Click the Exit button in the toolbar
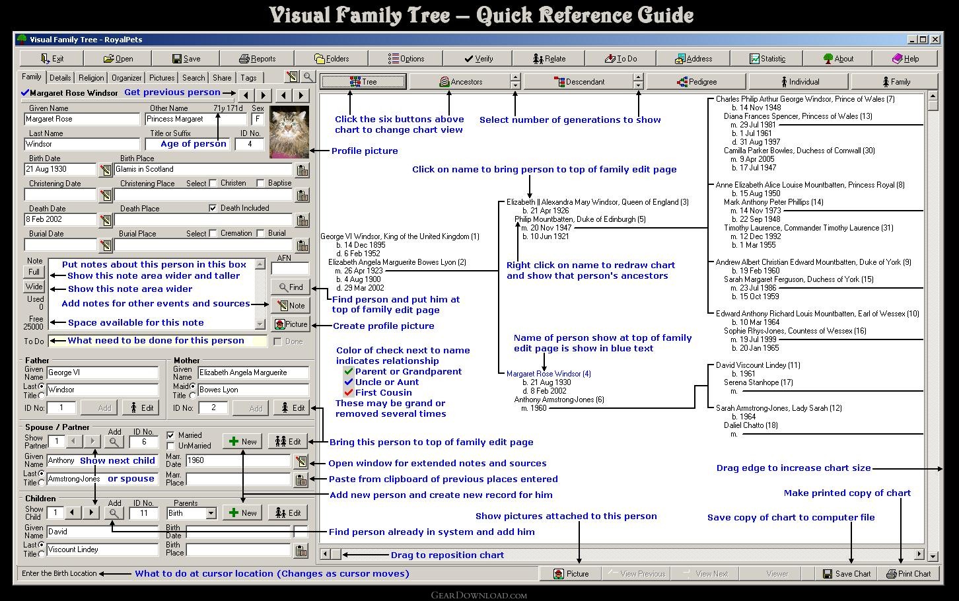(x=52, y=59)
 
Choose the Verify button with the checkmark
(x=478, y=59)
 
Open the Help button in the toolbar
(x=905, y=59)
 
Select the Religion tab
(x=91, y=77)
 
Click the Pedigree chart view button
(x=697, y=81)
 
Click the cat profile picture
(x=289, y=132)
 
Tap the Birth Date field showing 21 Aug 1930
(x=60, y=169)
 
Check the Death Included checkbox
(x=213, y=208)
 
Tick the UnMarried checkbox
(x=170, y=446)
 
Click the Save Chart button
(x=847, y=574)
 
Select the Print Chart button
(x=908, y=574)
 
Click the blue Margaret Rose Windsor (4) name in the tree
(x=548, y=374)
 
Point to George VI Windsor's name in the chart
(x=400, y=236)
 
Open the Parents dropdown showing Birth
(x=192, y=513)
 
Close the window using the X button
(x=935, y=40)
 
